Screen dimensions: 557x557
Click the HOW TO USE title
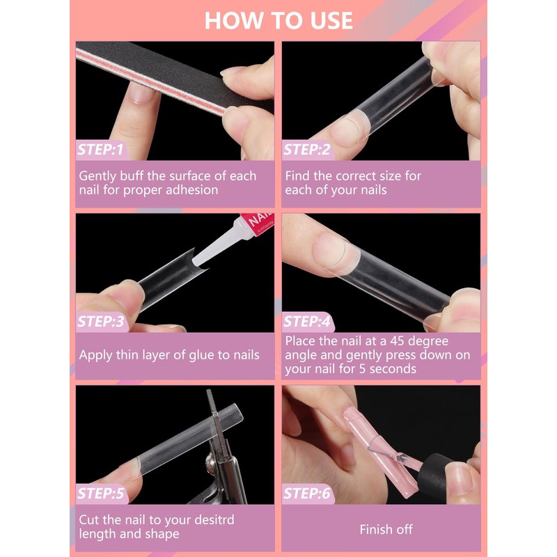pyautogui.click(x=278, y=21)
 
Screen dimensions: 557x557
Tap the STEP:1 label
pyautogui.click(x=100, y=150)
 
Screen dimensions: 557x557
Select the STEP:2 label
pyautogui.click(x=307, y=150)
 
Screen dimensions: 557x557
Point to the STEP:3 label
pyautogui.click(x=100, y=322)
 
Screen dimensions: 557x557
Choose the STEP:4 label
pyautogui.click(x=307, y=322)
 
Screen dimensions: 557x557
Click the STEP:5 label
pyautogui.click(x=100, y=494)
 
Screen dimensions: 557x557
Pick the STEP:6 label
pyautogui.click(x=307, y=494)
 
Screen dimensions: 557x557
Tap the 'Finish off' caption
pyautogui.click(x=386, y=530)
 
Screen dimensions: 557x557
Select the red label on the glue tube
pyautogui.click(x=257, y=223)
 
